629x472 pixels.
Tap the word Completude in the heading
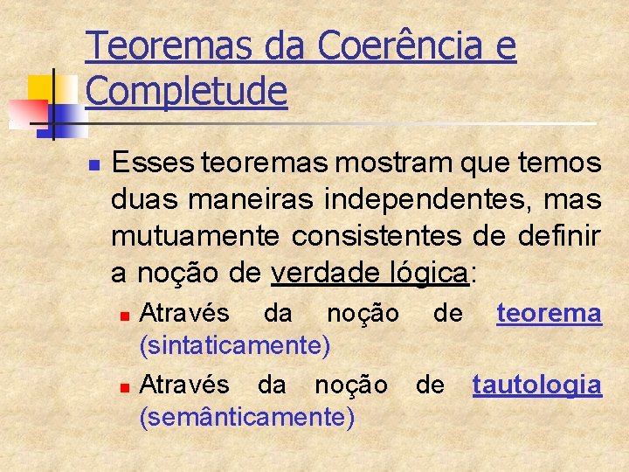[x=187, y=90]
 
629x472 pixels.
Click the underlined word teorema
[x=549, y=313]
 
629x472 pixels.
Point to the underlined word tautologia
[x=536, y=385]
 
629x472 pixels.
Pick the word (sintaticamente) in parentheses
[x=235, y=345]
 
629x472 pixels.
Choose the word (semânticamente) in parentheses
[x=247, y=418]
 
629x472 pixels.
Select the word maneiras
[x=247, y=200]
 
